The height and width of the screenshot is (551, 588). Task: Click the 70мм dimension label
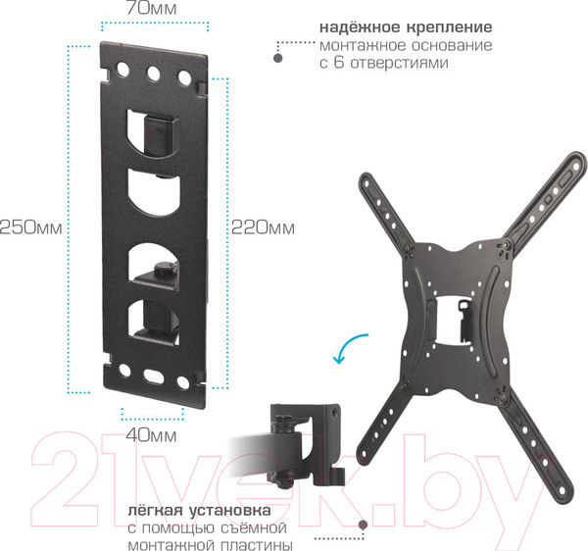pos(151,8)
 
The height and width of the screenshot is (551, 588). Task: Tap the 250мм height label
pos(31,227)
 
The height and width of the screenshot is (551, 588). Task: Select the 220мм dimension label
pos(263,227)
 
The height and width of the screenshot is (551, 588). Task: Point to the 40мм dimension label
pos(151,435)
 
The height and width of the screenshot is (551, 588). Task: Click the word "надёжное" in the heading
pos(360,27)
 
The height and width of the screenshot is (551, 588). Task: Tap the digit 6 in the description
pos(339,62)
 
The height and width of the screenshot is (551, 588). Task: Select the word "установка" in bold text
pos(229,510)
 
